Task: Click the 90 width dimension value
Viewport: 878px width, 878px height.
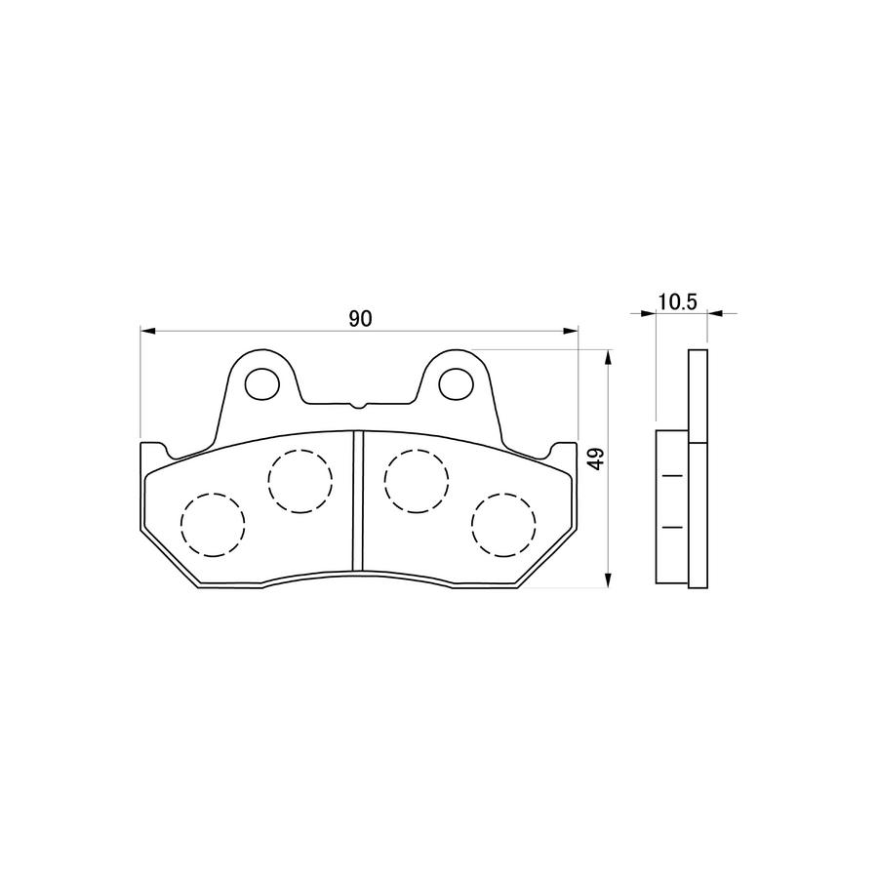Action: [x=360, y=319]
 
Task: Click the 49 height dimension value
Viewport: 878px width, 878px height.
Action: [x=597, y=459]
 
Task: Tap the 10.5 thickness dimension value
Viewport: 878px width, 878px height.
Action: [x=678, y=301]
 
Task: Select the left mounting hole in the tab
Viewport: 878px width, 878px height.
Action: [x=262, y=383]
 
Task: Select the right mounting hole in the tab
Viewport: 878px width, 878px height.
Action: [x=456, y=383]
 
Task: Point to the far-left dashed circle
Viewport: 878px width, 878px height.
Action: [x=213, y=525]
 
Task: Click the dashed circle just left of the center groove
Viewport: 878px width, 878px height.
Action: [x=300, y=481]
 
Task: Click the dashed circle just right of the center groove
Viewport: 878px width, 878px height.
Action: [x=417, y=481]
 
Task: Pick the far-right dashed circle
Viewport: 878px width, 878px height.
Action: [x=503, y=525]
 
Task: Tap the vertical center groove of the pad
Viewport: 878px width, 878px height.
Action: [x=358, y=500]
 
